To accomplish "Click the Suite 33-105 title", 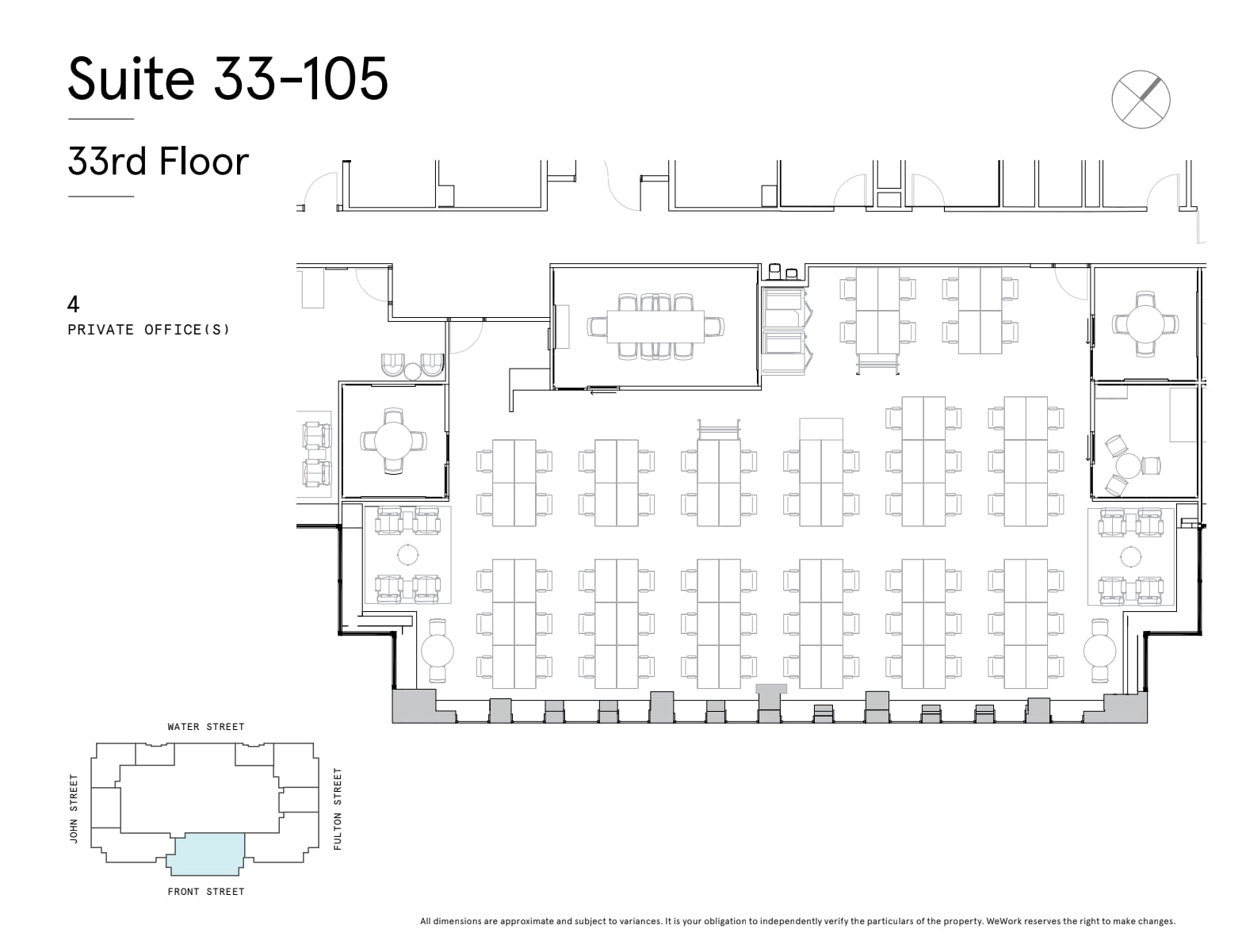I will click(x=228, y=78).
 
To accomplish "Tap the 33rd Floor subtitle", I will click(x=159, y=162).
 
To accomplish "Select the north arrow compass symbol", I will click(x=1141, y=99).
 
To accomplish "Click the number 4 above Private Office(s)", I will click(x=74, y=304).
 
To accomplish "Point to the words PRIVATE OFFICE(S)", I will click(x=148, y=330).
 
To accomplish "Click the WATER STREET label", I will click(x=206, y=726).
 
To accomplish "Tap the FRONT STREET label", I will click(x=206, y=892).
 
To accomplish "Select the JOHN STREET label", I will click(x=75, y=808).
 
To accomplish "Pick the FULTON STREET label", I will click(x=338, y=808).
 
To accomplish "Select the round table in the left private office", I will click(x=393, y=441).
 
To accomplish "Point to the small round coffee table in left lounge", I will click(x=407, y=554).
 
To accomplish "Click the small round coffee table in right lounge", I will click(x=1130, y=555).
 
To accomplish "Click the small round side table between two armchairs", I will click(x=412, y=370).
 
